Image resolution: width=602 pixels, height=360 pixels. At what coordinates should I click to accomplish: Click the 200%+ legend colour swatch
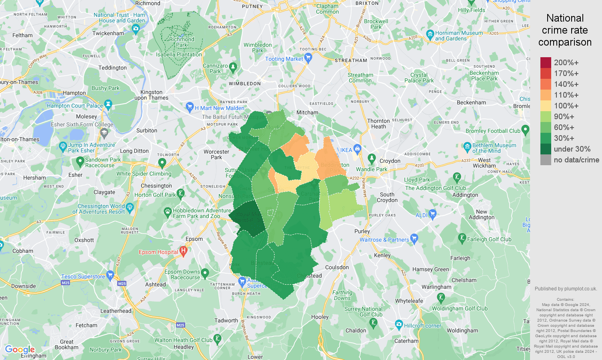[x=546, y=62]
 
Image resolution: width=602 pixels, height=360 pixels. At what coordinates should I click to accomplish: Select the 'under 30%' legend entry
[x=572, y=149]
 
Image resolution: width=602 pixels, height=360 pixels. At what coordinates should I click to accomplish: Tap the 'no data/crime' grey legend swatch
[x=546, y=160]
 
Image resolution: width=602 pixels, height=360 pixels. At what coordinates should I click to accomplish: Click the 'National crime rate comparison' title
[x=565, y=30]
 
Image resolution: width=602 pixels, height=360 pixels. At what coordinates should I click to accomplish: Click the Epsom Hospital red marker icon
[x=184, y=251]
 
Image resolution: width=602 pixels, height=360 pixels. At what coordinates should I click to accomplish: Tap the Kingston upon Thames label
[x=152, y=95]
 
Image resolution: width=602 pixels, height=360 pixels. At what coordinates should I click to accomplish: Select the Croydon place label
[x=390, y=161]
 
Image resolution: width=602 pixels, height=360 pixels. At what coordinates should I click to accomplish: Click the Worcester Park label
[x=216, y=154]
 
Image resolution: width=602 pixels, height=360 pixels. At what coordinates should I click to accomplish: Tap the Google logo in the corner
[x=20, y=350]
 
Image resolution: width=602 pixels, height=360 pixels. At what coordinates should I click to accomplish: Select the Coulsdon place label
[x=337, y=267]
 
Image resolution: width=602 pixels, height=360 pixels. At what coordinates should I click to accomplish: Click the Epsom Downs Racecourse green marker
[x=205, y=274]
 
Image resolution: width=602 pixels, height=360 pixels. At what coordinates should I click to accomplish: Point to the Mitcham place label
[x=307, y=112]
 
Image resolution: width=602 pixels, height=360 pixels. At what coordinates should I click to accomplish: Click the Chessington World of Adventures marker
[x=130, y=207]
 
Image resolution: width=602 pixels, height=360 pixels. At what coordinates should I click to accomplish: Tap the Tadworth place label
[x=226, y=320]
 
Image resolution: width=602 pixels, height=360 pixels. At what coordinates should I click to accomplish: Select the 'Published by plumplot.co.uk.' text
[x=566, y=288]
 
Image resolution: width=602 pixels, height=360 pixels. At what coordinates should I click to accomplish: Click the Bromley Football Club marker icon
[x=526, y=130]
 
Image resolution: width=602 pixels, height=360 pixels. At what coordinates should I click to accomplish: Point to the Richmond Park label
[x=182, y=42]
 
